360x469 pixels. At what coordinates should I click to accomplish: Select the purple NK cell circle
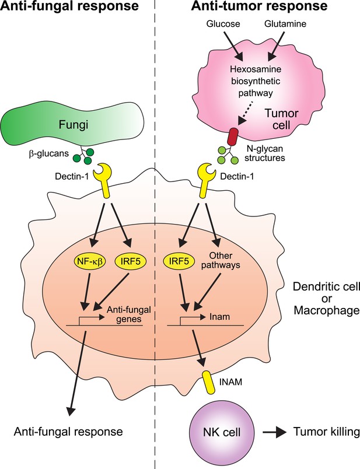pyautogui.click(x=222, y=432)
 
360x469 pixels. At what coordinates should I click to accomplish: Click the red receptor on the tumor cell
pyautogui.click(x=233, y=136)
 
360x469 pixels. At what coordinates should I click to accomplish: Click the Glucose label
pyautogui.click(x=223, y=24)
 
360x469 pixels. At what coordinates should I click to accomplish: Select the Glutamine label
pyautogui.click(x=285, y=24)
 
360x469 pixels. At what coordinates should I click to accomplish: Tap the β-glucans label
pyautogui.click(x=49, y=155)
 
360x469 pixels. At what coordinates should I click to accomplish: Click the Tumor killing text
pyautogui.click(x=326, y=432)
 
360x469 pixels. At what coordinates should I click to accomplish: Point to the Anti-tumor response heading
pyautogui.click(x=259, y=6)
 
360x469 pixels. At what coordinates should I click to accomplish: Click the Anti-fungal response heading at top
pyautogui.click(x=69, y=6)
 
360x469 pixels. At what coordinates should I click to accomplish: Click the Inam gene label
pyautogui.click(x=219, y=316)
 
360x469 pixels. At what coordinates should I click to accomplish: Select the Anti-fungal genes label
pyautogui.click(x=129, y=314)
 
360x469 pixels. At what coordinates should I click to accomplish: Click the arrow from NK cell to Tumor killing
pyautogui.click(x=273, y=432)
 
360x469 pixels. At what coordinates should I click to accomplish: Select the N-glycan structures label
pyautogui.click(x=265, y=153)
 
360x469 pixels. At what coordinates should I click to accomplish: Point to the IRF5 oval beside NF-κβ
pyautogui.click(x=131, y=261)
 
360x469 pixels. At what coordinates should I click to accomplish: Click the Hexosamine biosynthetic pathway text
pyautogui.click(x=255, y=81)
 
